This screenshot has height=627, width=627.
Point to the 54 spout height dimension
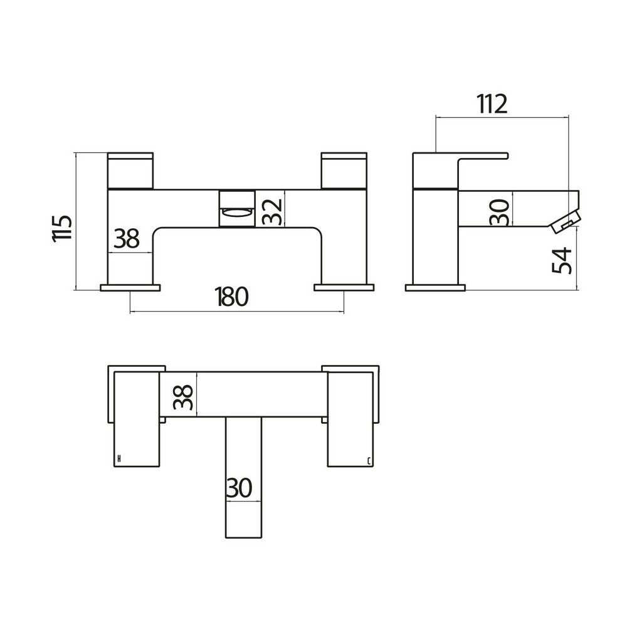click(564, 259)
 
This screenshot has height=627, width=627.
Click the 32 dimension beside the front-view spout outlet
click(271, 209)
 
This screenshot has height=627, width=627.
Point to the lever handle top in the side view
click(483, 154)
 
